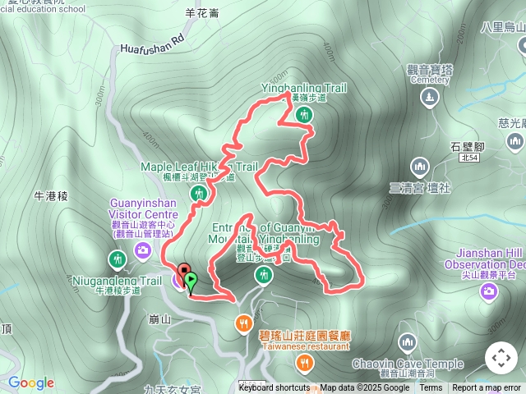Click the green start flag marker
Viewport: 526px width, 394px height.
[x=191, y=282]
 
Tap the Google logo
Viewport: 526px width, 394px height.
[x=30, y=383]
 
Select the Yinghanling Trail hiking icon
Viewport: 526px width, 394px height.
[x=305, y=115]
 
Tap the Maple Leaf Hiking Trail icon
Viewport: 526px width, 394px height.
[x=198, y=194]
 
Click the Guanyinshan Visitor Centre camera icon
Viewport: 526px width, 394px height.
[x=144, y=250]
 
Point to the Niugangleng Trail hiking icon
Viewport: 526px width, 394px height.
[x=117, y=260]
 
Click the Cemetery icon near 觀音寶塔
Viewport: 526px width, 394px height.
[x=429, y=97]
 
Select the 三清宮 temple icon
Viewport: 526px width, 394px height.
[x=420, y=167]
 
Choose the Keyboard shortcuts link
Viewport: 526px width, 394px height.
[x=275, y=388]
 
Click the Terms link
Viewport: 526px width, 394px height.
[x=431, y=388]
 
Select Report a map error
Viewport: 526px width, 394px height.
[x=487, y=388]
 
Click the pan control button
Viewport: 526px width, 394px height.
[x=501, y=358]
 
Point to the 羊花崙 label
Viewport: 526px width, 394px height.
[x=202, y=13]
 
